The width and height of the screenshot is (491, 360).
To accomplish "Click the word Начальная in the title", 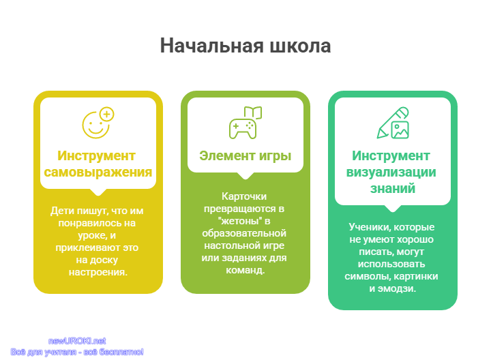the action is tap(211, 46).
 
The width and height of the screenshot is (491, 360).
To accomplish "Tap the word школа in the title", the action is tap(300, 46).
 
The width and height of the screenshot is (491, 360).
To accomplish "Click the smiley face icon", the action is tap(95, 125).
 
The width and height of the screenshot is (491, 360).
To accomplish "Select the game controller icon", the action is tap(243, 128).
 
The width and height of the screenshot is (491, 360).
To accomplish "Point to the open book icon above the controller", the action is tap(253, 112).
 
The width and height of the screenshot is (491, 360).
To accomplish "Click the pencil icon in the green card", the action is tap(391, 121).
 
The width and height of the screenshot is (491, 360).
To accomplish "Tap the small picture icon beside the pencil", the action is tap(400, 130).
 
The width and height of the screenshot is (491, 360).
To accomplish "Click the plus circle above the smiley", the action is tap(107, 115).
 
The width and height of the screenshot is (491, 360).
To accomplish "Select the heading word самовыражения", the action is tap(98, 172).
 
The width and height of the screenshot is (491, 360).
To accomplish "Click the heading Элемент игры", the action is tap(245, 155).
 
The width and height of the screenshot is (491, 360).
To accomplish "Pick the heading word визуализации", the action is tap(391, 172).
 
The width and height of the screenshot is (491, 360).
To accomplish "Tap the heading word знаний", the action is tap(393, 189).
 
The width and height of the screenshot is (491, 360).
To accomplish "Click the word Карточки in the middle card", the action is tap(244, 196).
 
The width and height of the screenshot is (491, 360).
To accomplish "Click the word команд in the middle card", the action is tap(245, 270).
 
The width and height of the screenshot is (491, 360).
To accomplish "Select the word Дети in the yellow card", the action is tap(63, 211).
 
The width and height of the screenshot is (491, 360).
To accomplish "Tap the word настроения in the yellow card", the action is tap(98, 272).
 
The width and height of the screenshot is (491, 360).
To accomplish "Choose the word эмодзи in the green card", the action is tap(397, 288).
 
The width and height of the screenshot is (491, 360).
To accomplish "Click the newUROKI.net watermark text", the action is tap(77, 341).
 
